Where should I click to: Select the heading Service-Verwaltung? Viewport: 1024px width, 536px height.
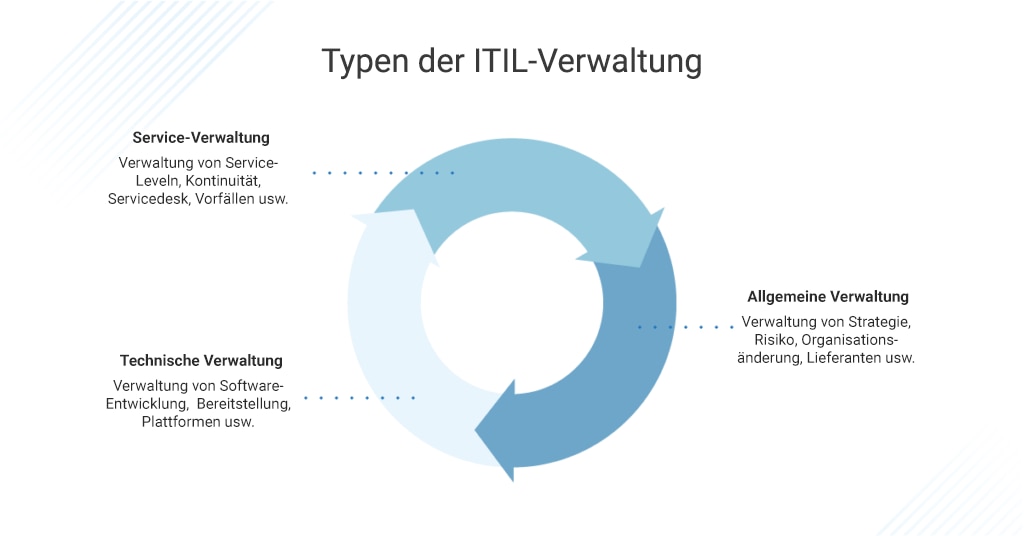(x=201, y=138)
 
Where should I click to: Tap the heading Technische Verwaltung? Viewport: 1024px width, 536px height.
(x=201, y=360)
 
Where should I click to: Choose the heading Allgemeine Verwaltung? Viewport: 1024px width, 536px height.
(x=828, y=296)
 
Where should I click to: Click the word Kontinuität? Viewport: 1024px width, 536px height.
(x=223, y=181)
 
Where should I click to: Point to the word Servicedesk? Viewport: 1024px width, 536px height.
(x=148, y=199)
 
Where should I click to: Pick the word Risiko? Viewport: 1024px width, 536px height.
(x=775, y=339)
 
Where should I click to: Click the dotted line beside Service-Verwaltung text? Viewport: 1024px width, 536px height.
(x=383, y=173)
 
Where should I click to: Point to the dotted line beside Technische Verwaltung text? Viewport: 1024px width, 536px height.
(x=359, y=398)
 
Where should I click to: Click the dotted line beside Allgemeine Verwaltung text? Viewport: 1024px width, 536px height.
(x=686, y=327)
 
